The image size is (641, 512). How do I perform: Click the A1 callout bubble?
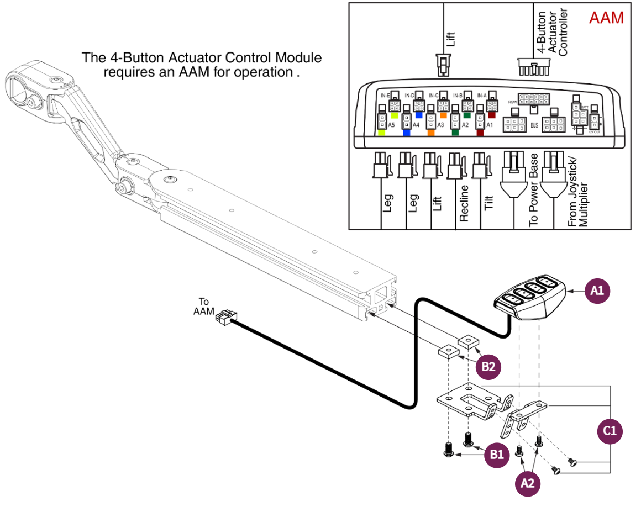click(597, 291)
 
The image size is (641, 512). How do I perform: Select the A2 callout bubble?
click(528, 483)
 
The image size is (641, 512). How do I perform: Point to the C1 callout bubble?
click(610, 430)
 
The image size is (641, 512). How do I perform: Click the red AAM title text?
click(606, 18)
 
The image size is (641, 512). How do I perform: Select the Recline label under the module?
click(464, 203)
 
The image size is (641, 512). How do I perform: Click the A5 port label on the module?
click(391, 125)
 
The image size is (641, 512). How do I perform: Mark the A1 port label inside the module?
click(489, 125)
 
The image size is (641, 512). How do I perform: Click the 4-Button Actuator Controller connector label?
click(552, 33)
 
